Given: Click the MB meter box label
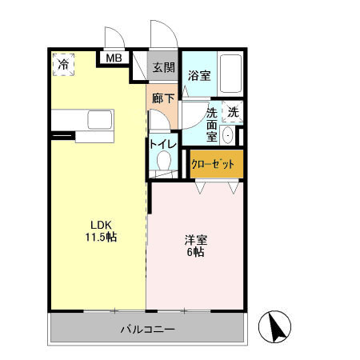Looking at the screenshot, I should click(114, 58).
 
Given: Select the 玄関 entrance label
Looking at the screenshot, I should click(163, 67).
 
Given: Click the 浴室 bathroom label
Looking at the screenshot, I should click(198, 77).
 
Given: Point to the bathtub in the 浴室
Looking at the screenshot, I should click(233, 76).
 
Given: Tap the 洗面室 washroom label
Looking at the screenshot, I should click(213, 126).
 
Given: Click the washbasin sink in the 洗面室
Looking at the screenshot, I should click(229, 134).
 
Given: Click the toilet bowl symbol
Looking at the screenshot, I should click(164, 162).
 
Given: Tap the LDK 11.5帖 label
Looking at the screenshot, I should click(100, 231).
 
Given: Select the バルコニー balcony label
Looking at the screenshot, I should click(148, 329).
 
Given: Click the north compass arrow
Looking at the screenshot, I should click(275, 326).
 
